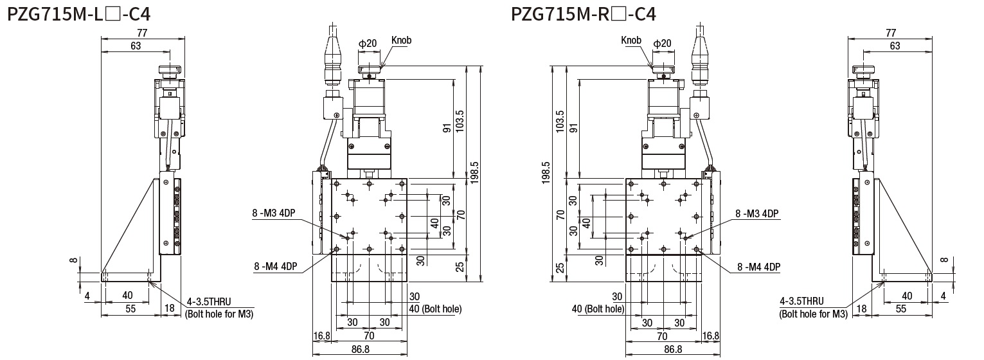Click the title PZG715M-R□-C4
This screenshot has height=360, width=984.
pyautogui.click(x=583, y=14)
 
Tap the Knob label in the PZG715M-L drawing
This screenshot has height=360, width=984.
pyautogui.click(x=401, y=40)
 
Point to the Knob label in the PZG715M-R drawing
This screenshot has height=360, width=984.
pyautogui.click(x=631, y=40)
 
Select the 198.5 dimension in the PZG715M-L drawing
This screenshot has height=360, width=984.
pyautogui.click(x=476, y=172)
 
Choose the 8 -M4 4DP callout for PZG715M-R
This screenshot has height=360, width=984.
pyautogui.click(x=758, y=266)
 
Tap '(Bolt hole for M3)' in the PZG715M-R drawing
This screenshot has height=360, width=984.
pyautogui.click(x=813, y=314)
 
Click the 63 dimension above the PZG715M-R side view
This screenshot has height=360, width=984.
pyautogui.click(x=895, y=46)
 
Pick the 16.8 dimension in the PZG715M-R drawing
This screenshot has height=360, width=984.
pyautogui.click(x=711, y=336)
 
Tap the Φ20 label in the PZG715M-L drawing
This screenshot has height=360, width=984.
pyautogui.click(x=367, y=44)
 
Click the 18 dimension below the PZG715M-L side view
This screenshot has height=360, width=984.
pyautogui.click(x=170, y=309)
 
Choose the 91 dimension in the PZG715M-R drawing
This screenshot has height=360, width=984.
pyautogui.click(x=573, y=128)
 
